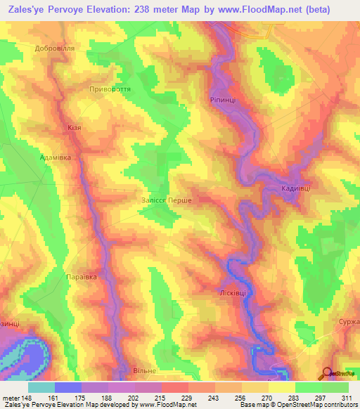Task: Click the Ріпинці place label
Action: point(224,100)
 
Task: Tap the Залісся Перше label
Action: point(167,200)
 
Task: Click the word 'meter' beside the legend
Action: point(10,397)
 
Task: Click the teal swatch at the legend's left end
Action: point(41,387)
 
